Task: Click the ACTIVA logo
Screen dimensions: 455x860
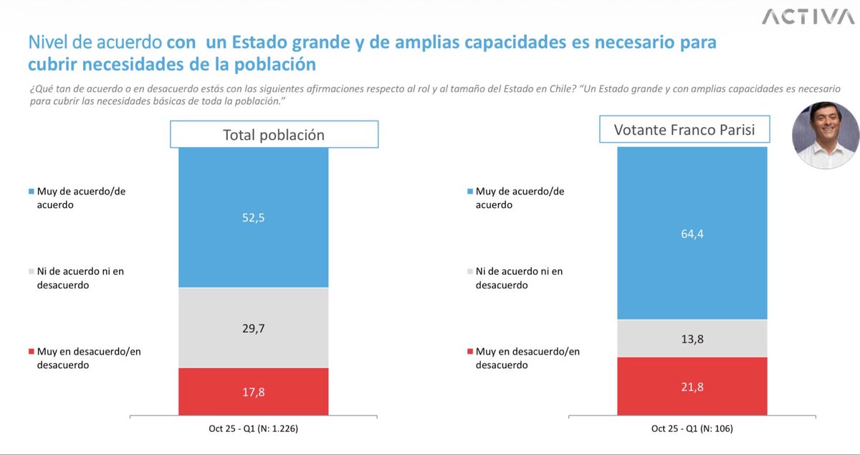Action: [x=808, y=17]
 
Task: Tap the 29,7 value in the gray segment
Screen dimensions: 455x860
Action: [x=253, y=328]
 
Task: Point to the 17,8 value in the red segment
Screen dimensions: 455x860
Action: [x=253, y=392]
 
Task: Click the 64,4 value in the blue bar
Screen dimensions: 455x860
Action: [x=692, y=233]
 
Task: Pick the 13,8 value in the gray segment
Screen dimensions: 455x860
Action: [x=692, y=338]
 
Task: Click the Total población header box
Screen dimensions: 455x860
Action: [x=273, y=135]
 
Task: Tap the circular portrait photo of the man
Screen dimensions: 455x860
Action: [x=825, y=135]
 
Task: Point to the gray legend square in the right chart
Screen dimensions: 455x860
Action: [x=469, y=272]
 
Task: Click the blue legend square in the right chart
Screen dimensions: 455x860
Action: [x=469, y=192]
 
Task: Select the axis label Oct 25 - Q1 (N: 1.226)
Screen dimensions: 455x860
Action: [x=253, y=429]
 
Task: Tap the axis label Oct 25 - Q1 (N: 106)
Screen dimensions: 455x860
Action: [x=692, y=429]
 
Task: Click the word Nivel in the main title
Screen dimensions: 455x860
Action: [x=48, y=43]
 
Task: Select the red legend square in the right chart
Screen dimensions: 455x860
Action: [x=469, y=352]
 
